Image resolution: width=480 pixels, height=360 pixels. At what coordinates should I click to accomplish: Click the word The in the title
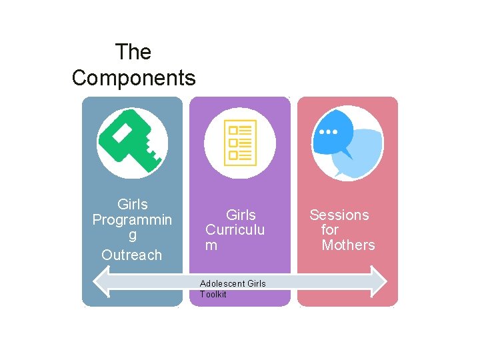click(x=133, y=52)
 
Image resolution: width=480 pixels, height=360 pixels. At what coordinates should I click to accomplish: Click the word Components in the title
click(x=133, y=78)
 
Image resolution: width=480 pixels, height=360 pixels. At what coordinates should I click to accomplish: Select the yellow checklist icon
click(x=240, y=142)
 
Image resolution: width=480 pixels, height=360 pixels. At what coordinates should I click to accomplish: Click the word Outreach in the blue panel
click(x=131, y=255)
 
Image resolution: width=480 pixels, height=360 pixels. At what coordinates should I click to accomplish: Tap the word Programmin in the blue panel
click(x=132, y=220)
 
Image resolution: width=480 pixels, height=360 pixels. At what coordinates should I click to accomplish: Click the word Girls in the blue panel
click(x=132, y=204)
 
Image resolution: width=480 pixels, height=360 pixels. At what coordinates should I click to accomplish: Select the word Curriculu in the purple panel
click(x=235, y=230)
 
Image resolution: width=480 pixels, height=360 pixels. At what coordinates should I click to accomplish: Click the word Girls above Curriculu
click(x=241, y=215)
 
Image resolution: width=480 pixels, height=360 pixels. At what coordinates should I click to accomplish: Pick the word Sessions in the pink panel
click(x=339, y=215)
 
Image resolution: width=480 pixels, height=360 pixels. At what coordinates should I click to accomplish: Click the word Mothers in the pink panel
click(x=348, y=245)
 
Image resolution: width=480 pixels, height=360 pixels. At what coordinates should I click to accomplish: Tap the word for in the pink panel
click(x=329, y=230)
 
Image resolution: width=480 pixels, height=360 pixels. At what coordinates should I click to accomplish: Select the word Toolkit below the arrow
click(x=213, y=294)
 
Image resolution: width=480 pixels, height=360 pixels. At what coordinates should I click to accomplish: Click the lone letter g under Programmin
click(x=132, y=236)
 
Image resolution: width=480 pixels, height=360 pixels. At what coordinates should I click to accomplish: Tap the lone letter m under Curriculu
click(x=211, y=245)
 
